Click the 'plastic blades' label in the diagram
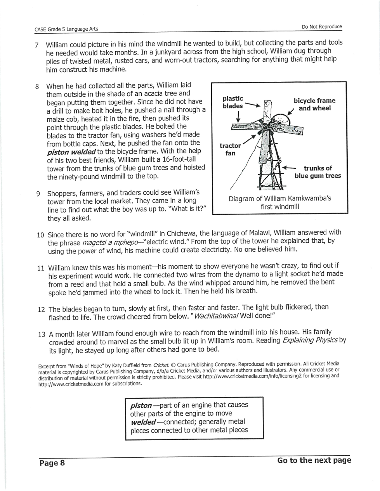pyautogui.click(x=233, y=102)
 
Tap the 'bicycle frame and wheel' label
pyautogui.click(x=314, y=104)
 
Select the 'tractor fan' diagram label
pyautogui.click(x=230, y=149)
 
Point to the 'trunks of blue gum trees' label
pyautogui.click(x=318, y=172)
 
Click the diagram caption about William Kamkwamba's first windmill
pyautogui.click(x=280, y=202)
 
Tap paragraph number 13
pyautogui.click(x=42, y=335)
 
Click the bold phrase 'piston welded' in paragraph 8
pyautogui.click(x=71, y=151)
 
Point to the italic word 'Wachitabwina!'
pyautogui.click(x=216, y=316)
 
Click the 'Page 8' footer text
pyautogui.click(x=52, y=463)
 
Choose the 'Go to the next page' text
pyautogui.click(x=314, y=460)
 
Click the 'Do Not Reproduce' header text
pyautogui.click(x=322, y=27)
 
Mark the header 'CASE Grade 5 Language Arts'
pyautogui.click(x=66, y=29)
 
